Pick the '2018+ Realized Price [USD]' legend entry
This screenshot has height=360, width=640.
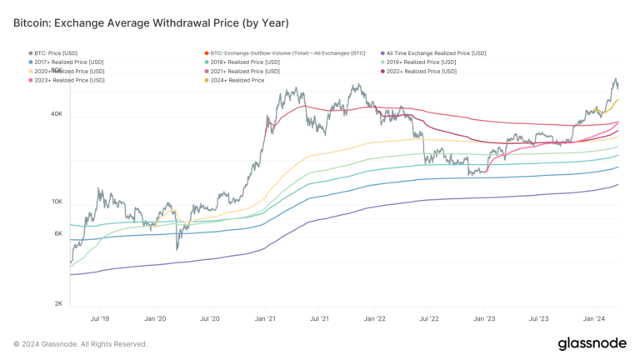pos(246,62)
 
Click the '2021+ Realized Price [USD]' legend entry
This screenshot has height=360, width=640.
pos(246,72)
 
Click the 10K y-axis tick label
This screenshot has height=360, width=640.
pos(57,202)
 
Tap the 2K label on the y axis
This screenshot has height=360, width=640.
pos(58,303)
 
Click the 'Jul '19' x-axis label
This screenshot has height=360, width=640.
pos(99,318)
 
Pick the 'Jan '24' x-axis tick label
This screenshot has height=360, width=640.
pos(594,318)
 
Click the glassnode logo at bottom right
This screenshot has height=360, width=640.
pos(592,343)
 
